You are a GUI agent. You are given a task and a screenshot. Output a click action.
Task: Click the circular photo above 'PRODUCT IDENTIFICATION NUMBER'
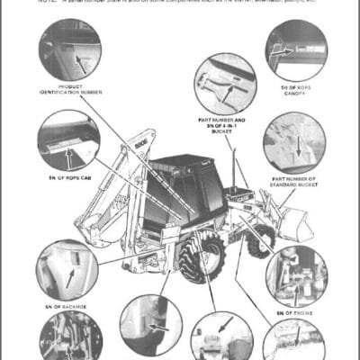(69, 49)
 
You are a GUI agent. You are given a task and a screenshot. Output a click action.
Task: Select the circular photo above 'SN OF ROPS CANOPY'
(295, 50)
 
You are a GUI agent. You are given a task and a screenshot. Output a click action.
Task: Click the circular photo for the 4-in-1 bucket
(224, 84)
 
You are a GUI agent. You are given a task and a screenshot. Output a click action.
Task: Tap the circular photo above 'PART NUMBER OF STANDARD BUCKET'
(294, 143)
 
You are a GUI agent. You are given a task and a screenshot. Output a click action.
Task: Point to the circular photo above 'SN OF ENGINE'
(296, 274)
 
